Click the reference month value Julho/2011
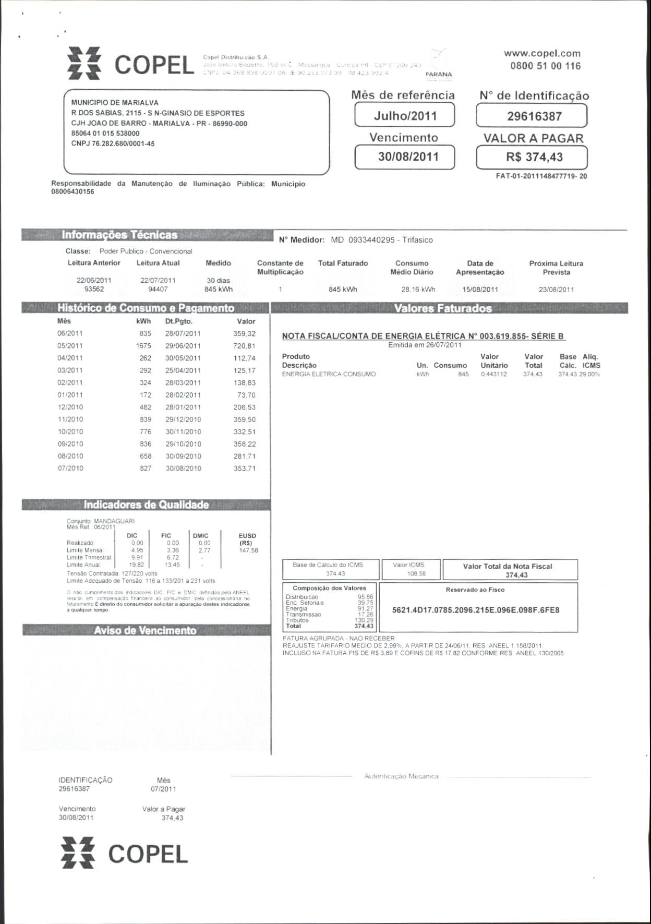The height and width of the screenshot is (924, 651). pyautogui.click(x=405, y=115)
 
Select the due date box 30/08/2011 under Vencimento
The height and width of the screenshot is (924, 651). pyautogui.click(x=405, y=157)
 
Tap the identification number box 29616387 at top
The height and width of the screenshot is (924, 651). pyautogui.click(x=532, y=116)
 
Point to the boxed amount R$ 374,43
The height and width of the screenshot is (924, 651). pyautogui.click(x=532, y=157)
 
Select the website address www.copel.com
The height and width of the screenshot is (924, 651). pyautogui.click(x=542, y=53)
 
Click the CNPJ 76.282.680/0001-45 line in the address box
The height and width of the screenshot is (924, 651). pyautogui.click(x=113, y=143)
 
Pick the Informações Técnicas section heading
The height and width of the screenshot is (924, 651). pyautogui.click(x=120, y=235)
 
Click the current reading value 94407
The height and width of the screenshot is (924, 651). pyautogui.click(x=158, y=289)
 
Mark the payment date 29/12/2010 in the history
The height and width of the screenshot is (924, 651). pyautogui.click(x=183, y=419)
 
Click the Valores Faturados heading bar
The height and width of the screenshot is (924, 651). pyautogui.click(x=443, y=308)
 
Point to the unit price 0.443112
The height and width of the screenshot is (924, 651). pyautogui.click(x=493, y=375)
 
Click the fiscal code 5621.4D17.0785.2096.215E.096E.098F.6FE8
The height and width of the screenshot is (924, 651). pyautogui.click(x=476, y=610)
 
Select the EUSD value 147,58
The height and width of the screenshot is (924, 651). pyautogui.click(x=248, y=550)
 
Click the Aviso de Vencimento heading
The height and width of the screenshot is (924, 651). pyautogui.click(x=145, y=631)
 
